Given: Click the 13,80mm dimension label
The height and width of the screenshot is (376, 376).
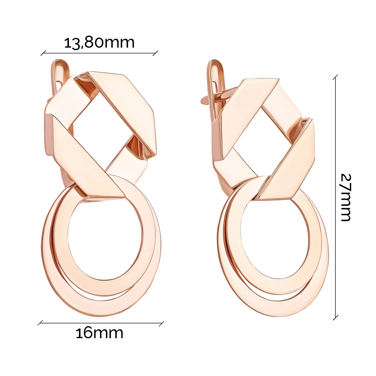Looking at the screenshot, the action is pyautogui.click(x=100, y=43).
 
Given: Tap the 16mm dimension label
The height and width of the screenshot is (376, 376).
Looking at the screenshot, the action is pyautogui.click(x=100, y=333).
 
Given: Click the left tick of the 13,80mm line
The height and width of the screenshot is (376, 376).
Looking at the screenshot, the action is pyautogui.click(x=43, y=53).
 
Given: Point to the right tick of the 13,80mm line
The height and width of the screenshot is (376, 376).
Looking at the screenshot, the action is pyautogui.click(x=155, y=53).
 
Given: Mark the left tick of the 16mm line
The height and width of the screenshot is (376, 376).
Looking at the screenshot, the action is pyautogui.click(x=40, y=323).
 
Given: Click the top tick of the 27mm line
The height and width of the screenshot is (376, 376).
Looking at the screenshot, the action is pyautogui.click(x=335, y=77).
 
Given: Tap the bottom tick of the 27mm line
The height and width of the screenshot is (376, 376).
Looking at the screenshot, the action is pyautogui.click(x=335, y=318).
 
